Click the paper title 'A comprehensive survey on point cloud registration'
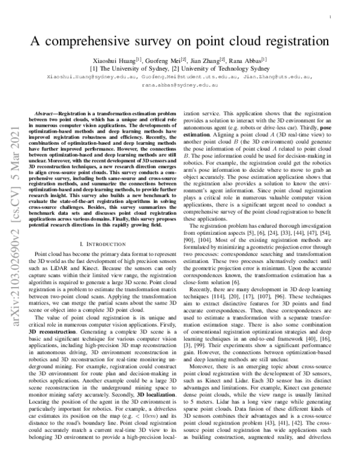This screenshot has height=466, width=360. (x=180, y=41)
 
